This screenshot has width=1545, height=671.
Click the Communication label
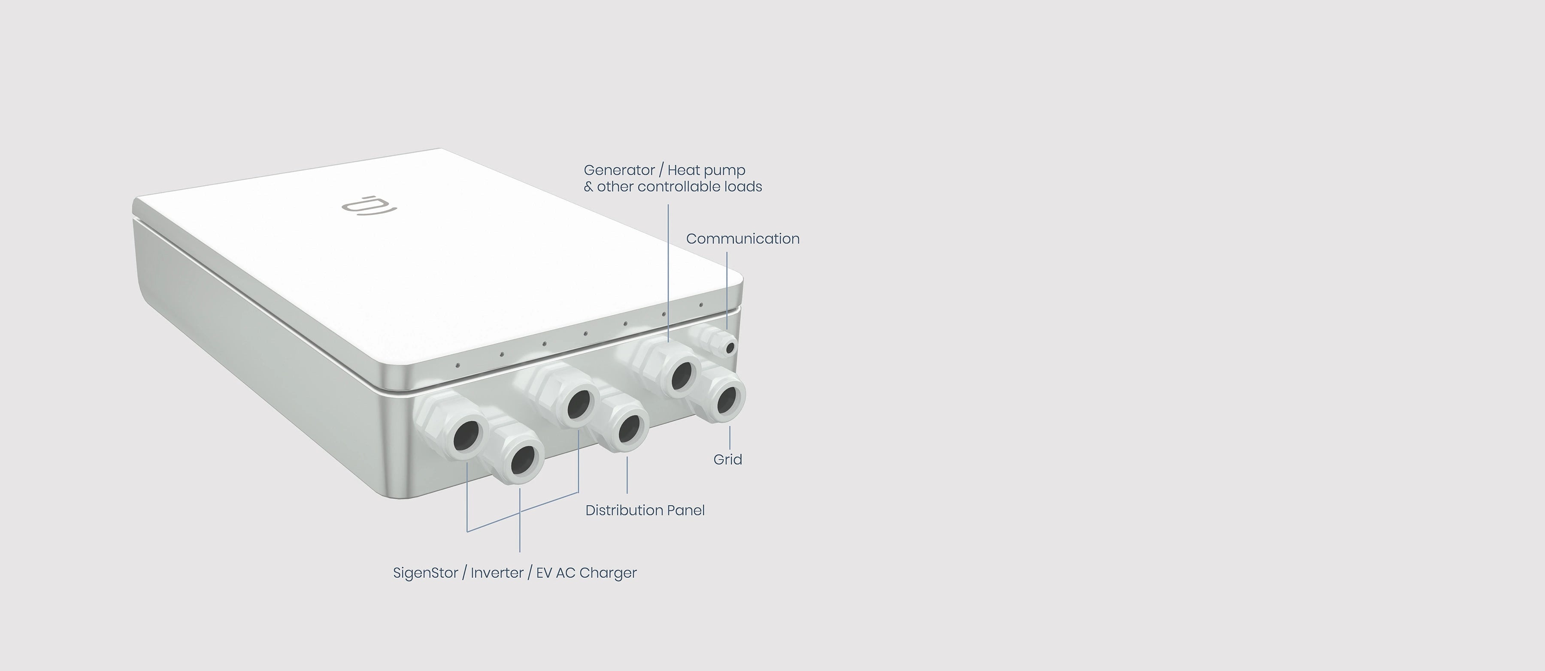pyautogui.click(x=742, y=239)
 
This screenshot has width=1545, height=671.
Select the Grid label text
pyautogui.click(x=727, y=459)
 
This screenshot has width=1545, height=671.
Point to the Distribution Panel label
pyautogui.click(x=645, y=510)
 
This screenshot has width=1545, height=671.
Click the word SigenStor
pyautogui.click(x=425, y=573)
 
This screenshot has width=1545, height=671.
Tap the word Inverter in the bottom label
pyautogui.click(x=497, y=573)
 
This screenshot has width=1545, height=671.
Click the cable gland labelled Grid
pyautogui.click(x=719, y=394)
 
